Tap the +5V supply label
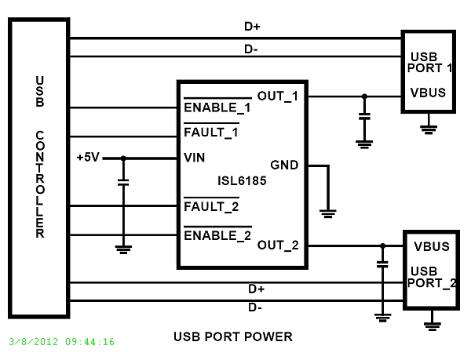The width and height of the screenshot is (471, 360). click(88, 157)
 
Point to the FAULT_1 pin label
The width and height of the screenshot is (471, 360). click(210, 132)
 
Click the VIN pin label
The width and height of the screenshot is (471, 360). click(194, 157)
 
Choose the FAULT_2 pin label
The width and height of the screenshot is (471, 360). click(210, 207)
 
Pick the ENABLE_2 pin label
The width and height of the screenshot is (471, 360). click(217, 234)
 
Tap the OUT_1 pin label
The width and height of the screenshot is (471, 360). click(278, 96)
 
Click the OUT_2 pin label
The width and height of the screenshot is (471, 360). click(278, 245)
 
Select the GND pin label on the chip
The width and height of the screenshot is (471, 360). click(284, 165)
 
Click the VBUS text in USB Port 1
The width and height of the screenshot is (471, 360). click(428, 93)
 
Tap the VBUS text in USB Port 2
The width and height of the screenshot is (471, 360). click(431, 245)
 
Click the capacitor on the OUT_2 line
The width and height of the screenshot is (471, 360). click(382, 265)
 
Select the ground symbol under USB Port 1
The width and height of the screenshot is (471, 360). click(429, 126)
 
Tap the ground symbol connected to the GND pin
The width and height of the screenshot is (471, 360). click(328, 212)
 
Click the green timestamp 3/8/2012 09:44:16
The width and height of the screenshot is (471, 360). click(62, 342)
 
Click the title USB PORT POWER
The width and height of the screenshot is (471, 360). click(232, 337)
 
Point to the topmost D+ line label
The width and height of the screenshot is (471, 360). click(253, 26)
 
